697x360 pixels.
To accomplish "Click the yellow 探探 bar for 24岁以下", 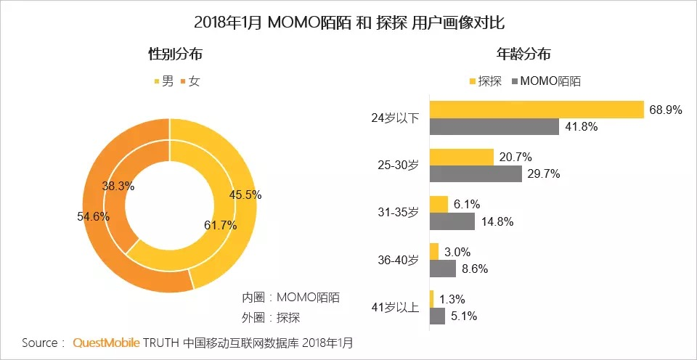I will pos(537,109).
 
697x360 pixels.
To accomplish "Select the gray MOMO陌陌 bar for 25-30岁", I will pos(476,174).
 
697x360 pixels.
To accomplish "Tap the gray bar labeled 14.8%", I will pos(452,221).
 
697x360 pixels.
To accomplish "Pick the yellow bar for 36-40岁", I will pos(434,251).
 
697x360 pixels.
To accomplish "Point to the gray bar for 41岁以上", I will pos(437,316).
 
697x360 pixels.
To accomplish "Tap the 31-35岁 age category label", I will pos(399,212).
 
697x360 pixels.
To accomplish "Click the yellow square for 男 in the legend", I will pos(156,81).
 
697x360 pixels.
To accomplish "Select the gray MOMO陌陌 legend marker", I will pos(516,81).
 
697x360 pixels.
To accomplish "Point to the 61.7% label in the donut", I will pos(221,225).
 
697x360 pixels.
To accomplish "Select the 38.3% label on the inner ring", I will pos(118,186).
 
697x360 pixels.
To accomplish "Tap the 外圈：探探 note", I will pos(271,317).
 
